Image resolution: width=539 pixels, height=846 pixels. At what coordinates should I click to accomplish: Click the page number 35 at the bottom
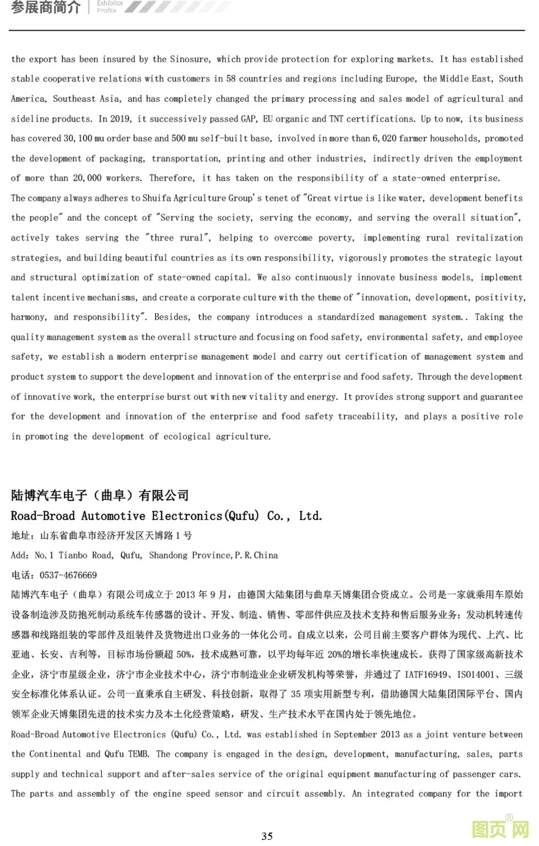(267, 836)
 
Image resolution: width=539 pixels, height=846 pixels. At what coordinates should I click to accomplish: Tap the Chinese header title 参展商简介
(46, 7)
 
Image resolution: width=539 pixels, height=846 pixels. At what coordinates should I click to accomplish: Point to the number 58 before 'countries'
(231, 79)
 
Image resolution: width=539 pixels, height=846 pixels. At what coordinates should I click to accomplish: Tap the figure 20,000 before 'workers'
(87, 178)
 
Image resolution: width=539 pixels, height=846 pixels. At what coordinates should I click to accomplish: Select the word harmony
(29, 317)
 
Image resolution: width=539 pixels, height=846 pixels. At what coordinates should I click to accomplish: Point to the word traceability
(367, 417)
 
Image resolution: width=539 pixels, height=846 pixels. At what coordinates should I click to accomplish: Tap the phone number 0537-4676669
(68, 575)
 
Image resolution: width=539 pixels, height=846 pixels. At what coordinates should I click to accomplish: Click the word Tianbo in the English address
(74, 555)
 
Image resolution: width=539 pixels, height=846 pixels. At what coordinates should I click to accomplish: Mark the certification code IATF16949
(426, 674)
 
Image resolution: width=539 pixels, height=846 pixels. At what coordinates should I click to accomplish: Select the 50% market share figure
(183, 654)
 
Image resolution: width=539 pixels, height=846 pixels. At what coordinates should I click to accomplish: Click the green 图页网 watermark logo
(501, 829)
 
